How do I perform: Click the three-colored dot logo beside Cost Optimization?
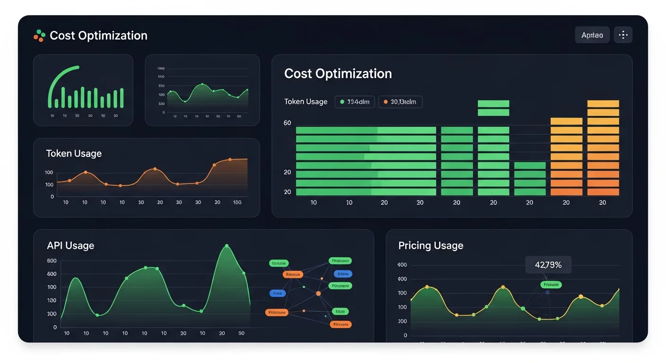39,35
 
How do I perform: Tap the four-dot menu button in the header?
623,35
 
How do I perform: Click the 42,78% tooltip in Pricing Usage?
548,265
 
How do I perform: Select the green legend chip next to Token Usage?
354,102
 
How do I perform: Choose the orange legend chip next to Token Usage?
400,102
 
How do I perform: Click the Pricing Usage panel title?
430,245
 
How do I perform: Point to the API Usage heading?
70,245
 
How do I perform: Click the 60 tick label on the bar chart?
287,123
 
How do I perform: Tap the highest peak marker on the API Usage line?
227,246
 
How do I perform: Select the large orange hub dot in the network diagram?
318,294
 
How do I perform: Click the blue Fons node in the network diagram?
278,293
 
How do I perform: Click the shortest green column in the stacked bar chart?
530,179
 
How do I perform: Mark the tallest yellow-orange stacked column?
603,147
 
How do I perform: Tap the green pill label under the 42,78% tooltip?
551,285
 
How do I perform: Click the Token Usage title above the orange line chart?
74,154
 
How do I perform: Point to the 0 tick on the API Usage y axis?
55,327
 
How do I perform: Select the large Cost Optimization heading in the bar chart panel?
338,74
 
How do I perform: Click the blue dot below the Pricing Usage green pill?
547,293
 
